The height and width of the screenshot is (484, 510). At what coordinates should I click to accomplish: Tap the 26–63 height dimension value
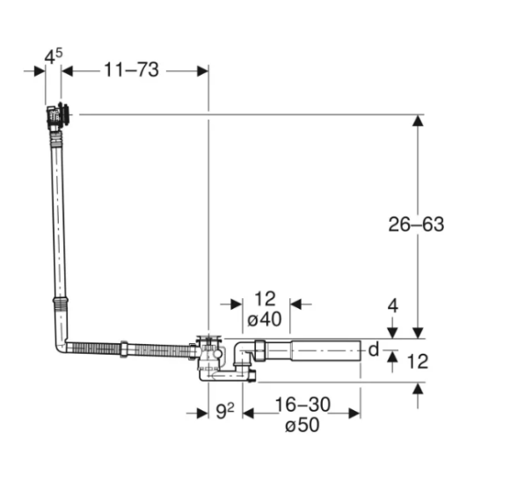click(x=416, y=224)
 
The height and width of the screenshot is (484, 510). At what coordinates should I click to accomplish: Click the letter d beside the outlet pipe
click(x=372, y=350)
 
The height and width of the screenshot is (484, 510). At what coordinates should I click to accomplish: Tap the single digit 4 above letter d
click(x=393, y=307)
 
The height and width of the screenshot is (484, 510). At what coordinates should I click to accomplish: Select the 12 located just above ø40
click(x=264, y=299)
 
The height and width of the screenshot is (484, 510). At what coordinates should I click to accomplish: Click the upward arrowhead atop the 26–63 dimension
click(x=418, y=121)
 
